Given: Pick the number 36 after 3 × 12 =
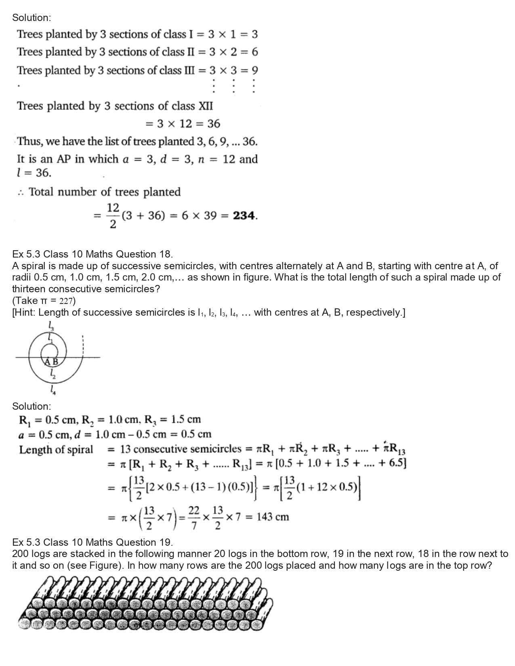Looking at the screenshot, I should click(213, 124).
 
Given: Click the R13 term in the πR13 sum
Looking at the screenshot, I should click(393, 450).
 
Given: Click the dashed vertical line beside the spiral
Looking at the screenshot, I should click(83, 343).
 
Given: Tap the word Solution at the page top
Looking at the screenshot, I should click(32, 18).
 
